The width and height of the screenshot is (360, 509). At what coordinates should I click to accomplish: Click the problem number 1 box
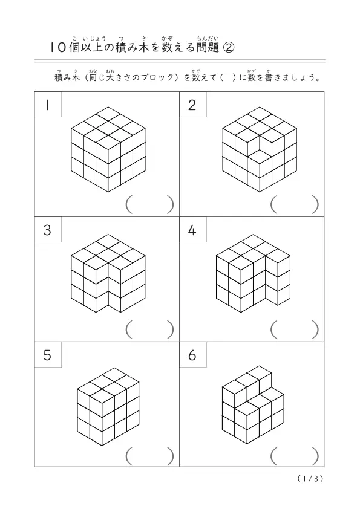[x=48, y=105]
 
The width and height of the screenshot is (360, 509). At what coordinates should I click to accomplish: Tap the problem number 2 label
[x=192, y=105]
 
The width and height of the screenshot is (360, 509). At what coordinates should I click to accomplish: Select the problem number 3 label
[x=48, y=230]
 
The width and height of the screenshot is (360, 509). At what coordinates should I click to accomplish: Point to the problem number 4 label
[x=192, y=230]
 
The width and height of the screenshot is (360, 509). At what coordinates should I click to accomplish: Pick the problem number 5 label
[x=48, y=354]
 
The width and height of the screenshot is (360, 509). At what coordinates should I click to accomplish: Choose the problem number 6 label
[x=192, y=354]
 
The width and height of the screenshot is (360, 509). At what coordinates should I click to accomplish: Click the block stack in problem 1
[x=108, y=149]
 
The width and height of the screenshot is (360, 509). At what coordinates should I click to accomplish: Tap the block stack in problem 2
[x=260, y=149]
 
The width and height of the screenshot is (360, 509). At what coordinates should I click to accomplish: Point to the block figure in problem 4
[x=253, y=273]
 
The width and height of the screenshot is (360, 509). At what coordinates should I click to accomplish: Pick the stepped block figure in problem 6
[x=253, y=406]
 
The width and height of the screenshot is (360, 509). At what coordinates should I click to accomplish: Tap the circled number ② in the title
[x=229, y=48]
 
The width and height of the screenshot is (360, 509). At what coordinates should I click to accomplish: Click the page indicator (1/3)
[x=310, y=479]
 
